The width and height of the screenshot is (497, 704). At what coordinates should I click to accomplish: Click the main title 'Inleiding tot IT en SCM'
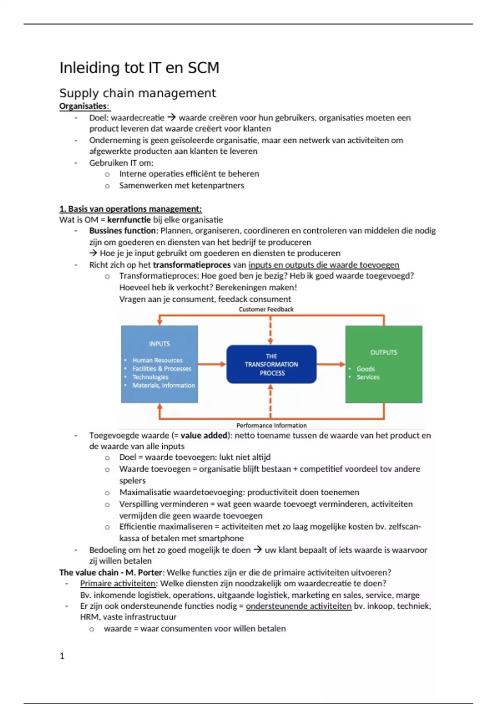click(139, 68)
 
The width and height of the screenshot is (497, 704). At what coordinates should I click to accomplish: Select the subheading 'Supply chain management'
click(138, 93)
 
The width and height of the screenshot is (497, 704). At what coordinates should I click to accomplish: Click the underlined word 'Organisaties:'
click(84, 106)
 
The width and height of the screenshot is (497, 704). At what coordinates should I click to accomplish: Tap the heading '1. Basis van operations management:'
click(130, 209)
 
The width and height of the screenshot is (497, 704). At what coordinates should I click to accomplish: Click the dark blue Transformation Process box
click(271, 364)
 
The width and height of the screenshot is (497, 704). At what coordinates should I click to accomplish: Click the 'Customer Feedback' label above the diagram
click(266, 309)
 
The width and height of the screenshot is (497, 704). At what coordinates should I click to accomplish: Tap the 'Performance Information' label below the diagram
click(271, 425)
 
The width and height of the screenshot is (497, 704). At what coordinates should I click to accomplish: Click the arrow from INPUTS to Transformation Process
click(212, 364)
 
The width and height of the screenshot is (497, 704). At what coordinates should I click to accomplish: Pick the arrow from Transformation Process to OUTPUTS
click(331, 364)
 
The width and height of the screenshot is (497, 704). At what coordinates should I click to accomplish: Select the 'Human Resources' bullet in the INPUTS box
click(157, 360)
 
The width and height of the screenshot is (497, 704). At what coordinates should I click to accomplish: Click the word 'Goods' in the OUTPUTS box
click(366, 369)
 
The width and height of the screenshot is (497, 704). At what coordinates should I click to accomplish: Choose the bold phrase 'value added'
click(204, 435)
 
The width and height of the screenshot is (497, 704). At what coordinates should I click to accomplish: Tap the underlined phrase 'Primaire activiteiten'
click(118, 583)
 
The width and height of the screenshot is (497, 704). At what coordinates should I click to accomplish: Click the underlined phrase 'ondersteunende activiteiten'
click(299, 606)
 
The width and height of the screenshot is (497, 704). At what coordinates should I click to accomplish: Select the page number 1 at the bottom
click(62, 656)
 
